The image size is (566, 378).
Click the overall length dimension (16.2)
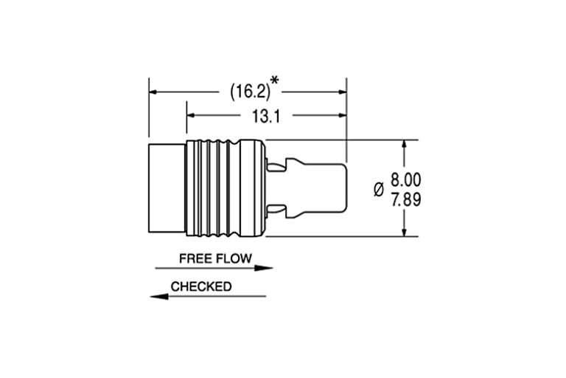coord(248,92)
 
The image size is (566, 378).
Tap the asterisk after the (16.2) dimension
coord(275,80)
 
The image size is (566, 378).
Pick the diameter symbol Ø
coord(379,189)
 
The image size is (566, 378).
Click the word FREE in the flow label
coord(195,258)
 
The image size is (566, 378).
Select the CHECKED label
coord(201,286)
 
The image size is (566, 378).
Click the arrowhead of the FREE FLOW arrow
coord(267,269)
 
